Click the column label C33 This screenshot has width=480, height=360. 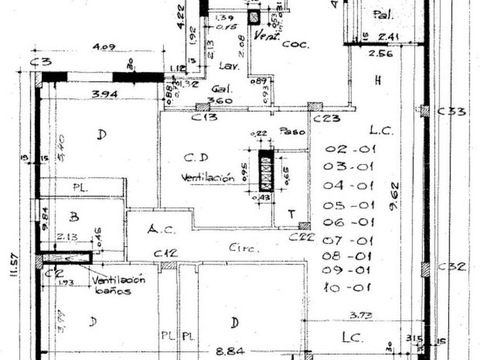coord(451,111)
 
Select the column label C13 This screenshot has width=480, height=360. coord(204,118)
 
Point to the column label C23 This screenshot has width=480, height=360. coord(327,119)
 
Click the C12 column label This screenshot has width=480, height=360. coord(165,253)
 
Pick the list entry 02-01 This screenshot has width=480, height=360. coord(350,150)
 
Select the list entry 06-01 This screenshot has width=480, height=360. coord(349,223)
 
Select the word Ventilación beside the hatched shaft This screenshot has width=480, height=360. coord(208,178)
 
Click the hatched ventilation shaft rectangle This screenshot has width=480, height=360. coord(266,170)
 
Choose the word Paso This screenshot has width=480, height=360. coord(291,131)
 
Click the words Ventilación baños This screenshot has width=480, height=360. coord(118,285)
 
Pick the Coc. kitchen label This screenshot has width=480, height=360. coord(295,44)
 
